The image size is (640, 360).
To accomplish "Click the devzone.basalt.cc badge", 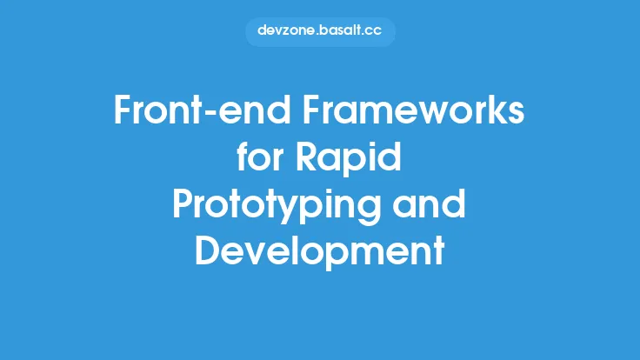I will click(x=320, y=30).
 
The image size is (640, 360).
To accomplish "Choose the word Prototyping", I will click(x=274, y=206).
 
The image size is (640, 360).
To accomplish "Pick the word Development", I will click(x=320, y=251).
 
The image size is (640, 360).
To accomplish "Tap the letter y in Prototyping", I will click(x=300, y=210).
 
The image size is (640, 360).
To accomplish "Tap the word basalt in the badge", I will click(x=345, y=30).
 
